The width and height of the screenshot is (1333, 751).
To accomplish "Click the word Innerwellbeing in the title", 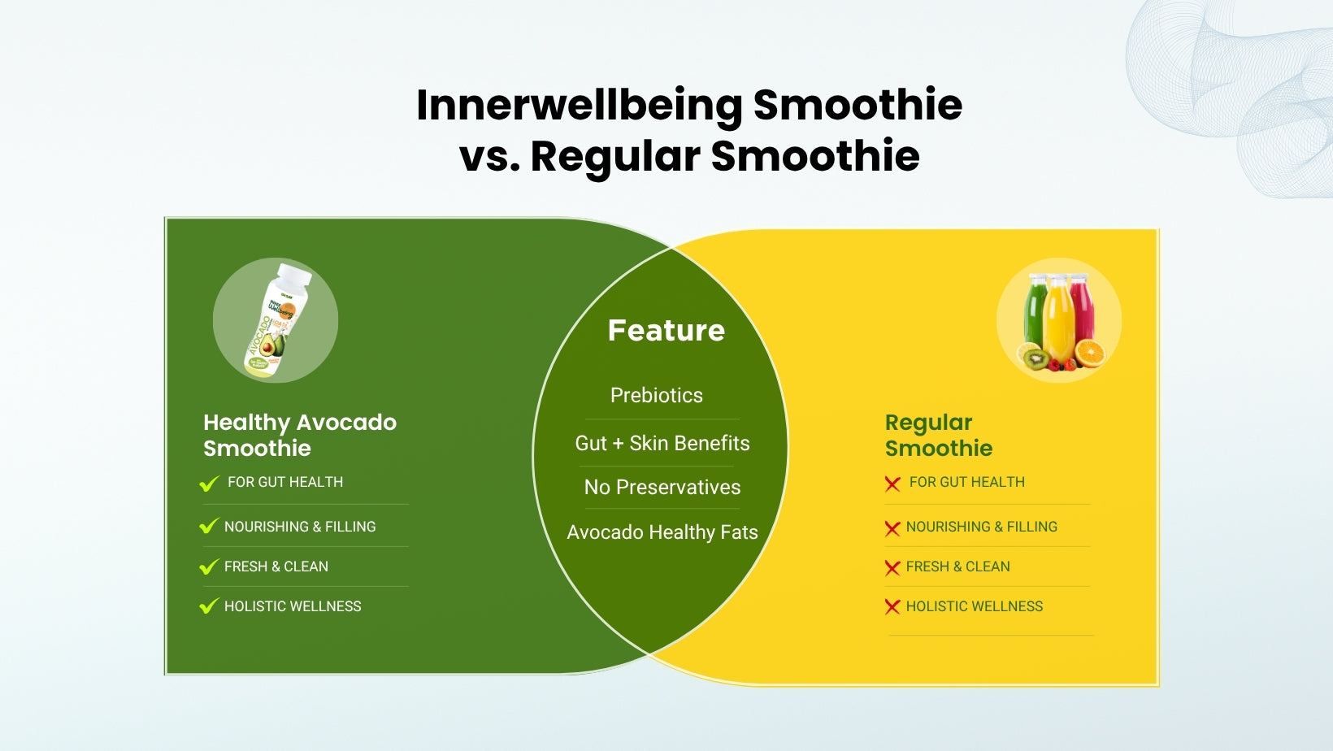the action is tap(580, 106).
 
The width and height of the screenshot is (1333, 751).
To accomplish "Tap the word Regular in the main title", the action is tap(614, 157).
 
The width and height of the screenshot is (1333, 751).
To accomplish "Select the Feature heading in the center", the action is tap(666, 330).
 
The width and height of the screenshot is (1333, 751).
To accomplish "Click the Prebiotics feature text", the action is tap(657, 395).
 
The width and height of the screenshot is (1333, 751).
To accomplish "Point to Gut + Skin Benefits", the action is tap(662, 443).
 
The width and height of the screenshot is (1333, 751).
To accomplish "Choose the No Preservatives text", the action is tap(662, 488).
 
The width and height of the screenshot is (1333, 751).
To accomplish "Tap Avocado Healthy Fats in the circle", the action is tap(662, 532).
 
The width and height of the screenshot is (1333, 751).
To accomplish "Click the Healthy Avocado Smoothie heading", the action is tap(300, 435).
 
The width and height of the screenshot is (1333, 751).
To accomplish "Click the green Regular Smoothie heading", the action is tap(939, 435).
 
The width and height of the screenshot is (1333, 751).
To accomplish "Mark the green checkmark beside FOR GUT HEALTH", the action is tap(209, 484).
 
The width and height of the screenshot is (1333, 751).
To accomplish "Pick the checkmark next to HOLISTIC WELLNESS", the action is tap(209, 606).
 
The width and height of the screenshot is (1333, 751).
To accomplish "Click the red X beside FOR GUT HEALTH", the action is tap(892, 484).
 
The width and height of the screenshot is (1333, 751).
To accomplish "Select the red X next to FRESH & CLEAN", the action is tap(892, 567).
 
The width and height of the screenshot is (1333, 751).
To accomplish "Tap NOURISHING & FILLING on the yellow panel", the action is tap(981, 527).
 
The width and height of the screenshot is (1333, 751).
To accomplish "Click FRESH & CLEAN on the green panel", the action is tap(276, 567).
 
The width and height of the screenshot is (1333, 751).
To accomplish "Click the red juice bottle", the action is tap(1082, 310).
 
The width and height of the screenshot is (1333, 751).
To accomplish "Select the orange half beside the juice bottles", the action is tap(1090, 353).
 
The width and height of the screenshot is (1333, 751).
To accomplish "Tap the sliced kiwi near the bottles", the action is tap(1036, 358).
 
